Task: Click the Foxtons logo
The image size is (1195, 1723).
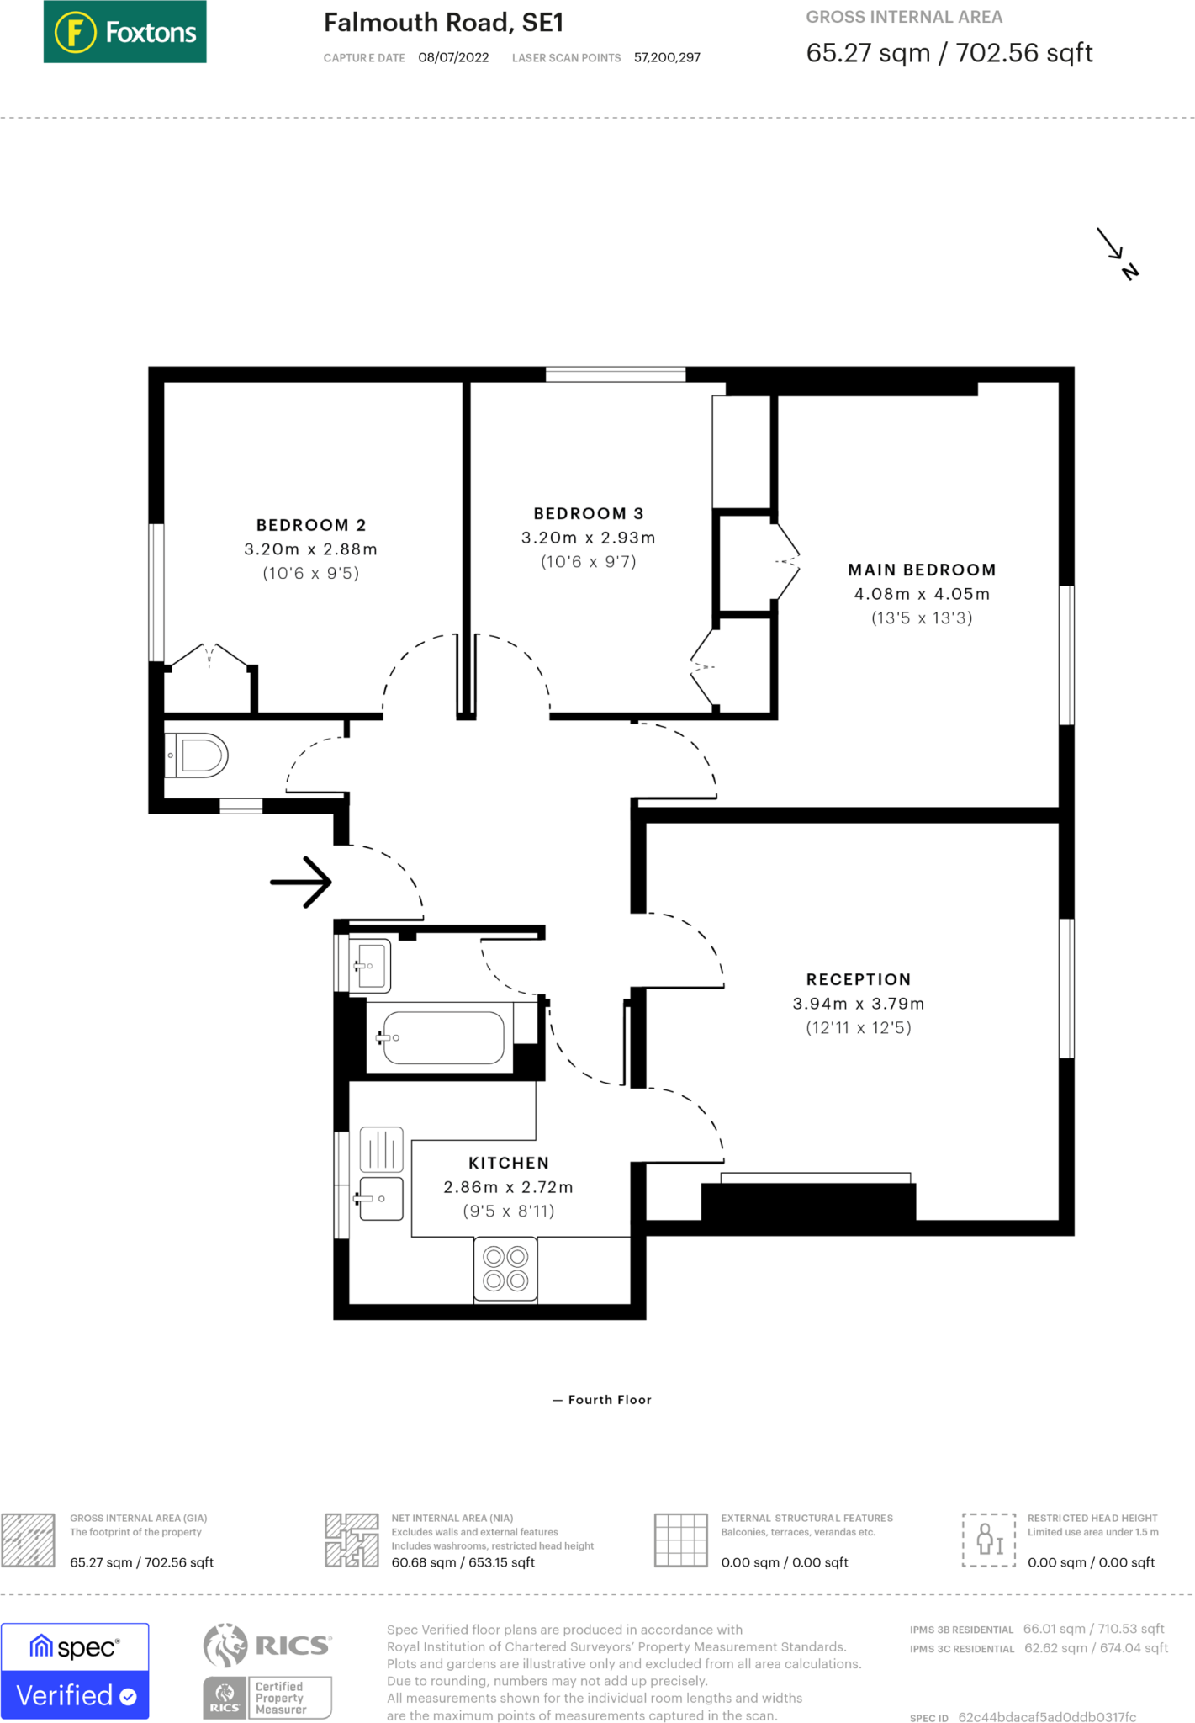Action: pyautogui.click(x=124, y=32)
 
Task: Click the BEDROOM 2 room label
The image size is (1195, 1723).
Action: pyautogui.click(x=311, y=525)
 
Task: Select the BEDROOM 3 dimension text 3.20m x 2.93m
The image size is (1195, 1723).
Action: pyautogui.click(x=588, y=538)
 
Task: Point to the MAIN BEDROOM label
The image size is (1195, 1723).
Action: pyautogui.click(x=922, y=570)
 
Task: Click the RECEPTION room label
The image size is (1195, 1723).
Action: pyautogui.click(x=858, y=979)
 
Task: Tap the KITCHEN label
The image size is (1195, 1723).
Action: pyautogui.click(x=508, y=1163)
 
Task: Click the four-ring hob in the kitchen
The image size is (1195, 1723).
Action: pyautogui.click(x=505, y=1269)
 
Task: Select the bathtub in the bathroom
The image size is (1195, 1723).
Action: pyautogui.click(x=443, y=1037)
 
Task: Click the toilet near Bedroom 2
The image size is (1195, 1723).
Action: pyautogui.click(x=199, y=755)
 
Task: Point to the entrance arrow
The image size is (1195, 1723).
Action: pyautogui.click(x=301, y=882)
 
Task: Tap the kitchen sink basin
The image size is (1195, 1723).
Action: pyautogui.click(x=381, y=1198)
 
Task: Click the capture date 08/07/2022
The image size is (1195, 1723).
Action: pyautogui.click(x=453, y=57)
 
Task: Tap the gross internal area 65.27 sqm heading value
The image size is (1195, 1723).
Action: pyautogui.click(x=949, y=53)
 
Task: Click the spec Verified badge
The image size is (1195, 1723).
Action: pyautogui.click(x=75, y=1671)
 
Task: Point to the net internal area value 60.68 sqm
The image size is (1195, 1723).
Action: pyautogui.click(x=463, y=1562)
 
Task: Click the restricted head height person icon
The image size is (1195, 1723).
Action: pyautogui.click(x=989, y=1540)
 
